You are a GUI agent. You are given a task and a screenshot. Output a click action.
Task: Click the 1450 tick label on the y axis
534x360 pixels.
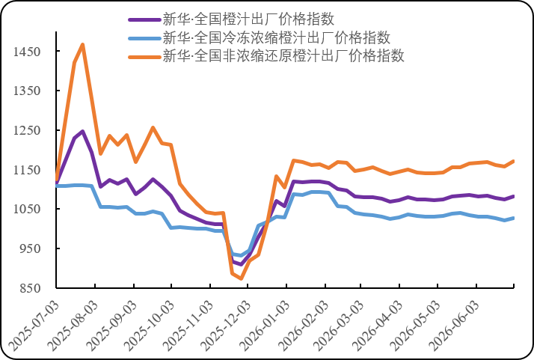point(27,52)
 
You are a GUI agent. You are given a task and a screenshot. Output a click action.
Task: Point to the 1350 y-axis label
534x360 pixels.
point(27,91)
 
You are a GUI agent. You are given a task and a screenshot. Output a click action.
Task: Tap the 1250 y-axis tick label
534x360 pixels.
point(27,130)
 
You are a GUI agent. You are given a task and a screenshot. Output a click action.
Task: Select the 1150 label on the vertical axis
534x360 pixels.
point(27,170)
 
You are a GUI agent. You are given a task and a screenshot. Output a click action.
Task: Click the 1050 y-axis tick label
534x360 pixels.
point(27,209)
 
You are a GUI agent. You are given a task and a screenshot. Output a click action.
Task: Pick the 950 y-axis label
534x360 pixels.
point(30,248)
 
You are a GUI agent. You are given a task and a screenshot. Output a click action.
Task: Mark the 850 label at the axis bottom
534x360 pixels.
point(30,288)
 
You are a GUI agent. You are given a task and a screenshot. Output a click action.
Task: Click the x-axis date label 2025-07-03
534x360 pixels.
point(34,326)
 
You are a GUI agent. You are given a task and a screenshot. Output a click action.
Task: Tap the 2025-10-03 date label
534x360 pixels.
point(149,326)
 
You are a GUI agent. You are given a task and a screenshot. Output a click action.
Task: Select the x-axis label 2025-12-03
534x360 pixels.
point(225,326)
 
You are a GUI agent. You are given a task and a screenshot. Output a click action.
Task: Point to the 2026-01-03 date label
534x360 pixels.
point(264,326)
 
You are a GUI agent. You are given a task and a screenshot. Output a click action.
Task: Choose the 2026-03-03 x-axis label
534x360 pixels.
point(338,326)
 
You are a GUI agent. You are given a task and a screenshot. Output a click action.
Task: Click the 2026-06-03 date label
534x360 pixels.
point(454,326)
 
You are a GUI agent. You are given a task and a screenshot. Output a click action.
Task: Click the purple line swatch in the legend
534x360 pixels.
point(144,19)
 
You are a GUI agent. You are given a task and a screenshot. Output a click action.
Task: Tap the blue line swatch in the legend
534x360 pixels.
point(144,38)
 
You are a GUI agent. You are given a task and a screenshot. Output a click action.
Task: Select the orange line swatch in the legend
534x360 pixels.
point(144,57)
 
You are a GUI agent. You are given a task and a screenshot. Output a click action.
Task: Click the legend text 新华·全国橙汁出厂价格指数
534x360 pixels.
point(248,19)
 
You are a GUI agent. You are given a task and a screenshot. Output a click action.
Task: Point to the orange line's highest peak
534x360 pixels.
point(83,45)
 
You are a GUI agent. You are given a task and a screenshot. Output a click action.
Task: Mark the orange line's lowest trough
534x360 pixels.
point(241,278)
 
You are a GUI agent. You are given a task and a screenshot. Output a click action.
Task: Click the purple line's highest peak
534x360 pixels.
point(83,131)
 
